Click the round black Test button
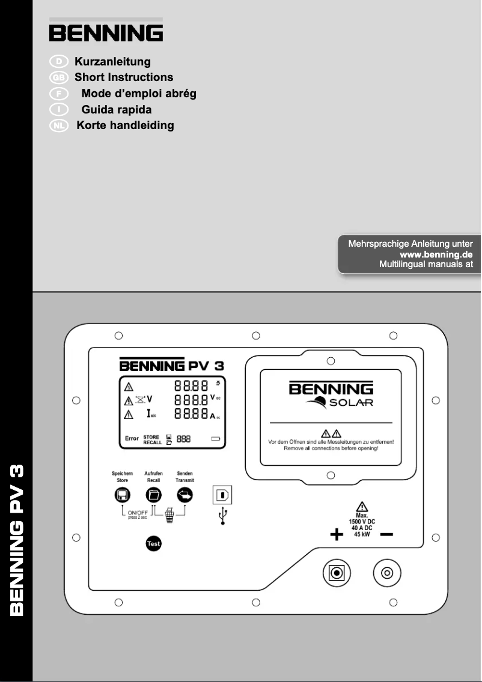coord(154,544)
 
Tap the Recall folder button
coord(154,495)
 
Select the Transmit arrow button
coord(185,495)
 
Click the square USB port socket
coord(222,495)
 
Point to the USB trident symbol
coord(223,516)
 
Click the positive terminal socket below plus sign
coord(337,573)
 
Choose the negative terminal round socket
coord(386,573)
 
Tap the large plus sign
coord(337,534)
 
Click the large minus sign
coord(386,534)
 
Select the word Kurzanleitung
coord(112,62)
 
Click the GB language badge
coord(59,77)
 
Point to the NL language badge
coord(59,125)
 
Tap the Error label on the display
coord(131,438)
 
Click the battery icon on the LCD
coord(216,439)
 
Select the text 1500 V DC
coord(362,522)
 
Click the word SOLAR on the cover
coord(351,402)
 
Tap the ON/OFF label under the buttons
coord(138,512)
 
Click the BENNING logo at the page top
coord(106,32)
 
